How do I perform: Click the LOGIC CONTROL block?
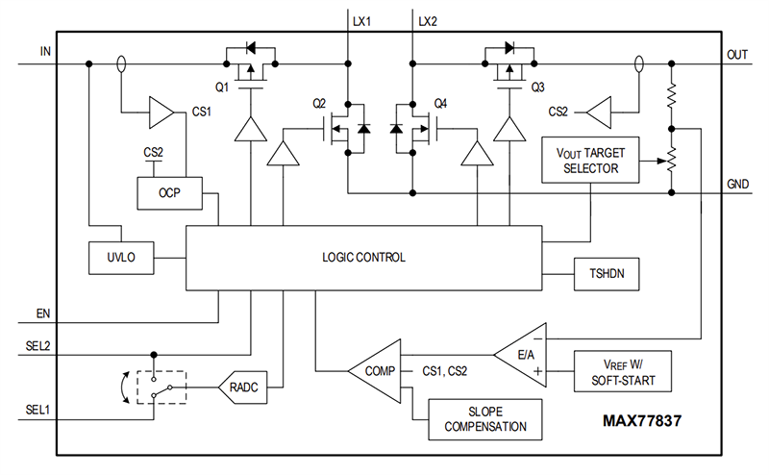363,258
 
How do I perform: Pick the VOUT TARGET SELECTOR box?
589,162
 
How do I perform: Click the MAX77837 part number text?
646,420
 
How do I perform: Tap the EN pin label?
44,313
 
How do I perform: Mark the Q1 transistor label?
222,87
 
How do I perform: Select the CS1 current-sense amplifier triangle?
160,113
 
